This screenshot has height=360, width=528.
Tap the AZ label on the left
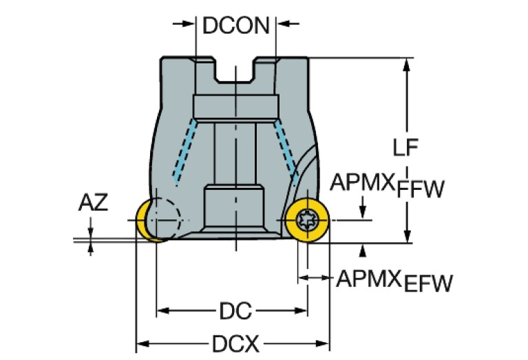point(93,202)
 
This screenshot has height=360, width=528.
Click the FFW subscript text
point(421,189)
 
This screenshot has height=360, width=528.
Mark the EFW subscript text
point(429,284)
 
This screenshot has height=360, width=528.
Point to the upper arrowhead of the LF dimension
point(407,64)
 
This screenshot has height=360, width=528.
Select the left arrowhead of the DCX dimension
point(142,342)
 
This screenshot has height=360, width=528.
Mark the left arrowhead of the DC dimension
point(163,312)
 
